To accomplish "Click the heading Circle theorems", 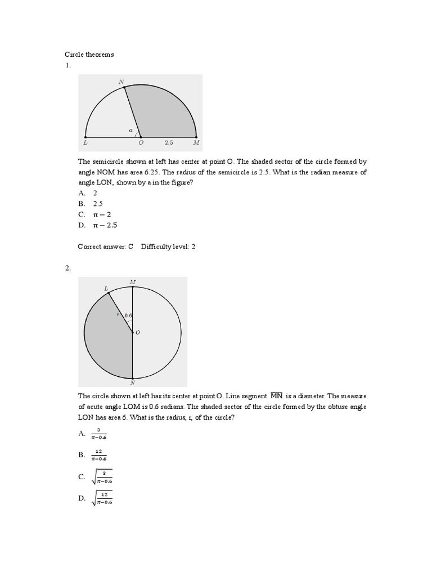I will click(89, 55).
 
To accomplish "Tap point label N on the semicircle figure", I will click(121, 82).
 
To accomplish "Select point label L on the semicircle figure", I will click(85, 143).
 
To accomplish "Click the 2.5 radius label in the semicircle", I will click(168, 143).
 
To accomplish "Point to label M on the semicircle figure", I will click(196, 143).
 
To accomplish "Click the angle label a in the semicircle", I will click(130, 130).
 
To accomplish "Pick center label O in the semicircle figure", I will click(141, 143).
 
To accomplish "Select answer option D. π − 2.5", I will click(98, 225).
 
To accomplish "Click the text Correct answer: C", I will click(105, 246).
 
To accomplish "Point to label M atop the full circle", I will click(132, 281).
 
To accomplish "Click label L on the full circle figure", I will click(106, 288).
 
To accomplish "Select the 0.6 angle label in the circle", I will click(128, 316).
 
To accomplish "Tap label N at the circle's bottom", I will click(132, 383).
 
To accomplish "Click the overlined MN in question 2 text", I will click(276, 395).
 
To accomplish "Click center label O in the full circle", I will click(138, 333).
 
